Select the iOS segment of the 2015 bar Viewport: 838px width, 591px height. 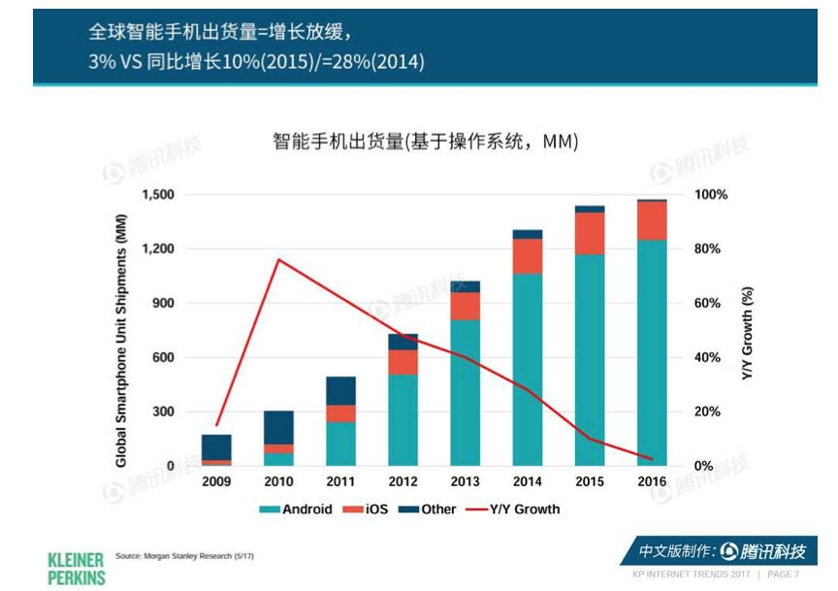[x=590, y=233]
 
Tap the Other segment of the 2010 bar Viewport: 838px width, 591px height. [x=278, y=427]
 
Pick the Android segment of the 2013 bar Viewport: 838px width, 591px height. [x=466, y=392]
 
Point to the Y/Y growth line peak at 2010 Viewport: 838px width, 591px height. [x=278, y=259]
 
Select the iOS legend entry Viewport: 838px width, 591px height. [x=374, y=509]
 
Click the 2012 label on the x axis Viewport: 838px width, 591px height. [x=403, y=482]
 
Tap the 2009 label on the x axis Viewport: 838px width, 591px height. [x=216, y=482]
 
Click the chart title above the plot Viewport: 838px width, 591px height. [x=425, y=143]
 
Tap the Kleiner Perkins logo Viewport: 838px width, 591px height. [x=76, y=568]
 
